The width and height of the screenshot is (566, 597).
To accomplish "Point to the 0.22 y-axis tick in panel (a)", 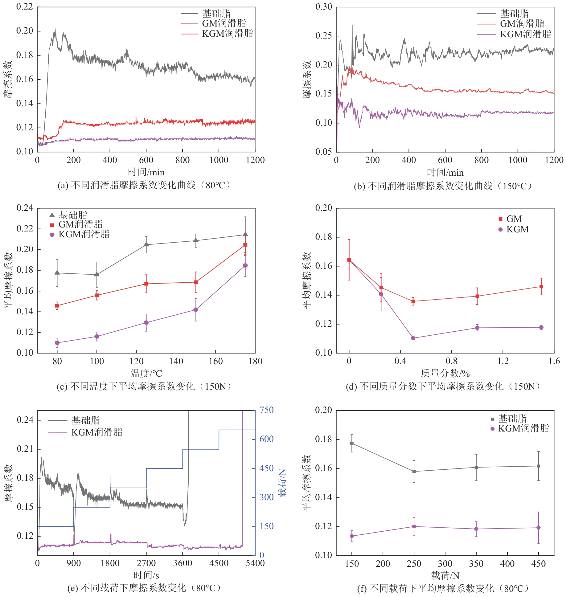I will (24, 7).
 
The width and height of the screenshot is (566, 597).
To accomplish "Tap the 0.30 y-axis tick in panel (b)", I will (323, 7).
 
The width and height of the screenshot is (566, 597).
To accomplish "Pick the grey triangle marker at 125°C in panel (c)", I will (146, 244).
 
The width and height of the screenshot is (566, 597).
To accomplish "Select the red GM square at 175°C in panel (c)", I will (245, 245).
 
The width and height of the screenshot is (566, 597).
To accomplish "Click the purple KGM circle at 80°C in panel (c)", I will (57, 343).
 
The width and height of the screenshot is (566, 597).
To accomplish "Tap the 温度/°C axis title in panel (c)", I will (146, 374).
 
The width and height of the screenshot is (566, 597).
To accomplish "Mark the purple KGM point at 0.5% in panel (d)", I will (413, 338).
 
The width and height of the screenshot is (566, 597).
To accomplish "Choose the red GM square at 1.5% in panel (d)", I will (541, 287).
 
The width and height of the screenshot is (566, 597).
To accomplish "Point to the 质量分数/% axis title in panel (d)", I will (445, 374).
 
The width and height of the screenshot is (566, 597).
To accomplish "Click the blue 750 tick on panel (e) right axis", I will (267, 410).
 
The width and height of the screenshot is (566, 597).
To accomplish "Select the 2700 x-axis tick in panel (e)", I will (146, 563).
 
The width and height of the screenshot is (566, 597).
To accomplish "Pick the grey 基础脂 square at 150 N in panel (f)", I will (352, 443).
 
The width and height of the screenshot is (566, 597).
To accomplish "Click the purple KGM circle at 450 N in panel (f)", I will (539, 528).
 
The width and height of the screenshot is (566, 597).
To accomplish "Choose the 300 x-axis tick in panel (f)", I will (445, 564).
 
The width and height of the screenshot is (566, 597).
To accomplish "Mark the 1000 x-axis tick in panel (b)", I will (518, 160).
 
